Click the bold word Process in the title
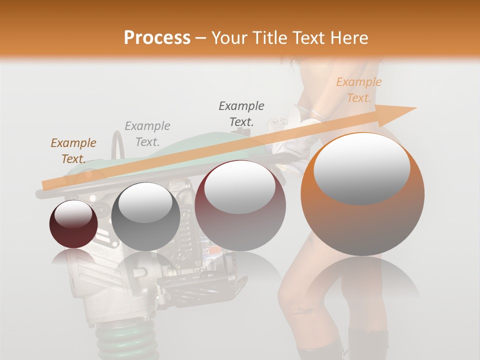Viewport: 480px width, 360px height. [x=157, y=38]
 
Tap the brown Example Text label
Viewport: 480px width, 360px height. [x=73, y=151]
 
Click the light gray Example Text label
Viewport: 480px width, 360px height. [x=147, y=134]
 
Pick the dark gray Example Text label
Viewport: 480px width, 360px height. [x=241, y=113]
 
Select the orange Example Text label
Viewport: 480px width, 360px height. [x=358, y=90]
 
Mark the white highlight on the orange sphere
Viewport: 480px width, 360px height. [x=361, y=168]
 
